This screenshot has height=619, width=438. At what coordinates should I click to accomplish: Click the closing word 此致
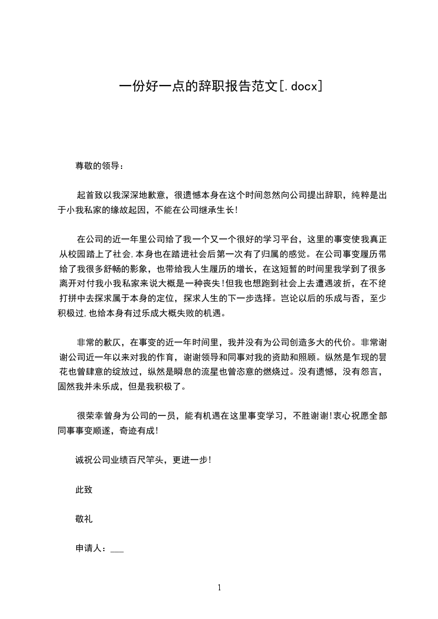point(83,489)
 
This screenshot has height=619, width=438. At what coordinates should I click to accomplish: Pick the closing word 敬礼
point(83,519)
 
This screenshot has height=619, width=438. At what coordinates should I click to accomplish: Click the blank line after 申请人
point(117,549)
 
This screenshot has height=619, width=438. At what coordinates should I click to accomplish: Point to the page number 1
point(219,588)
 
